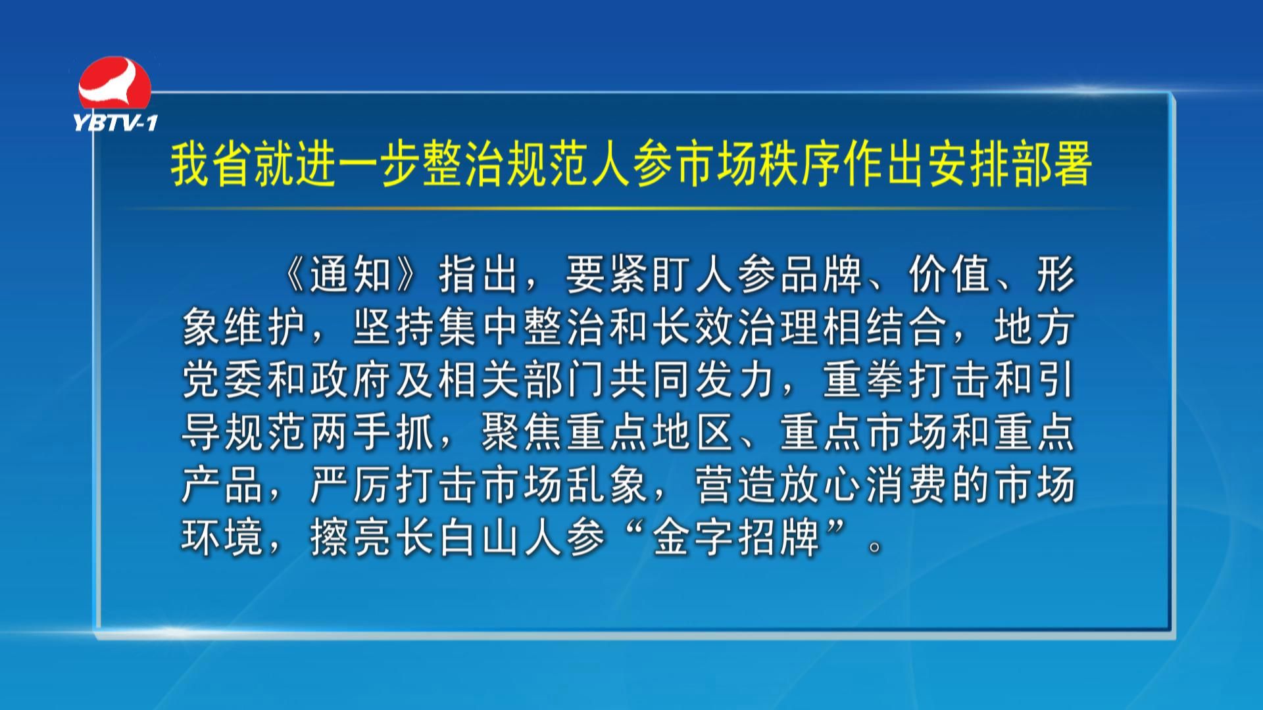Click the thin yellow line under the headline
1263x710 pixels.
631,208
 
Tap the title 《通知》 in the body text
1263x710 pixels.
352,274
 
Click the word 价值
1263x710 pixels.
951,274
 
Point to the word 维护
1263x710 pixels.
266,327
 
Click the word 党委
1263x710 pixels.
224,381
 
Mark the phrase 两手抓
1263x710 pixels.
373,433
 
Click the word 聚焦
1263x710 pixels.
522,433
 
